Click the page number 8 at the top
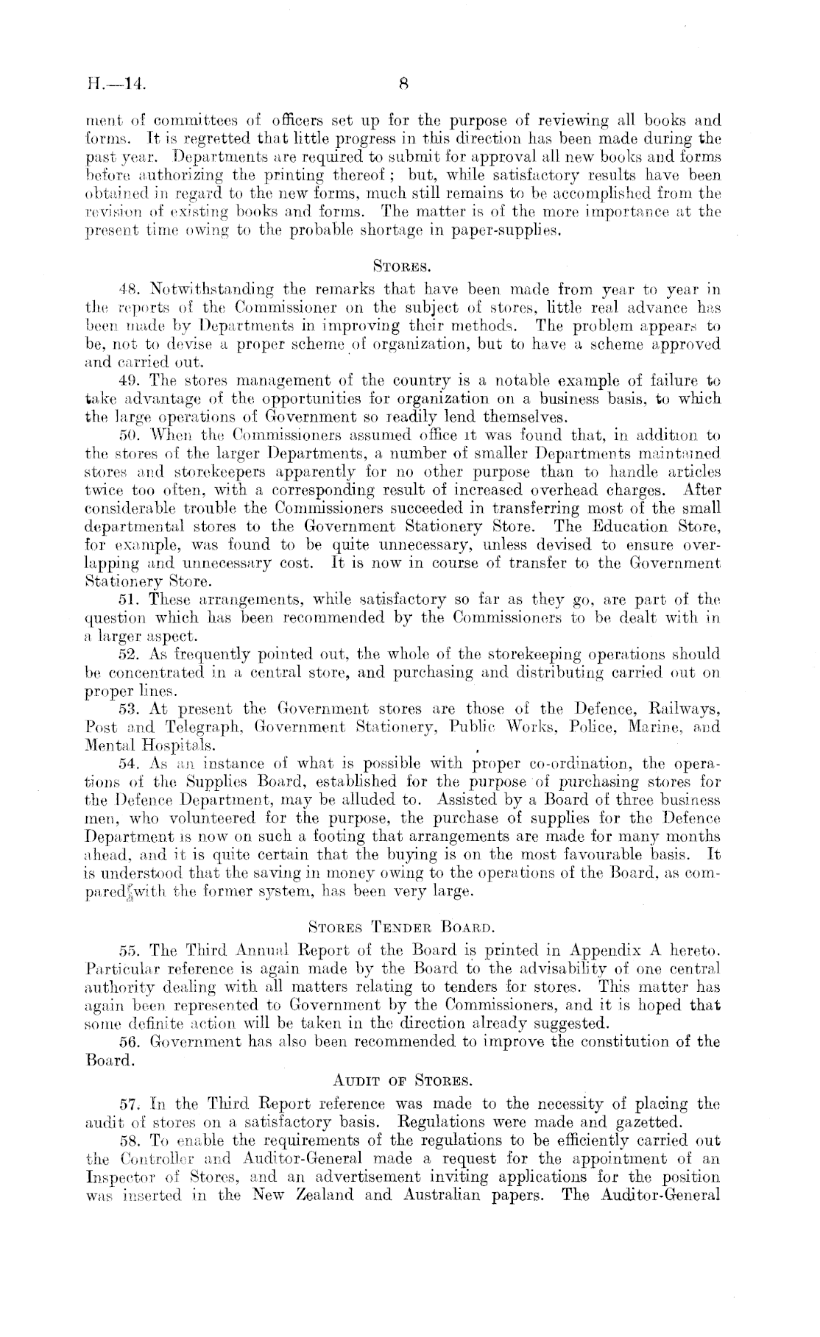click(x=404, y=82)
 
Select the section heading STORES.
click(x=403, y=260)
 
